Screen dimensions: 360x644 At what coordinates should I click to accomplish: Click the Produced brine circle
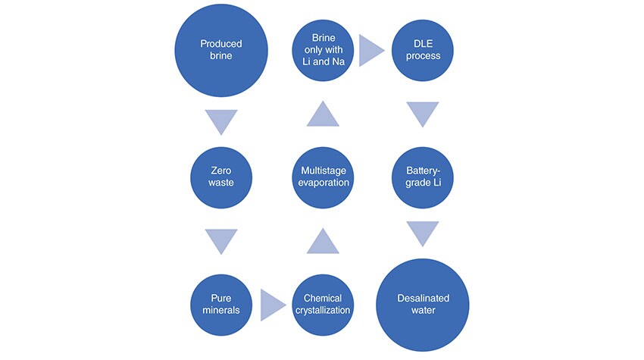[221, 51]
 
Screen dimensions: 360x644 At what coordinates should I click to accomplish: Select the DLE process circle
[424, 51]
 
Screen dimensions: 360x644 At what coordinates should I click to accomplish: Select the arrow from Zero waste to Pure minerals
[221, 240]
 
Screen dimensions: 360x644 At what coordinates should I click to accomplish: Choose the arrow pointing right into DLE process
[372, 51]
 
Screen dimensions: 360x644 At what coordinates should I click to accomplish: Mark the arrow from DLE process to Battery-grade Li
[424, 114]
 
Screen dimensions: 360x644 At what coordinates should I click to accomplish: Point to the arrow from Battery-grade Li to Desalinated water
[424, 233]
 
